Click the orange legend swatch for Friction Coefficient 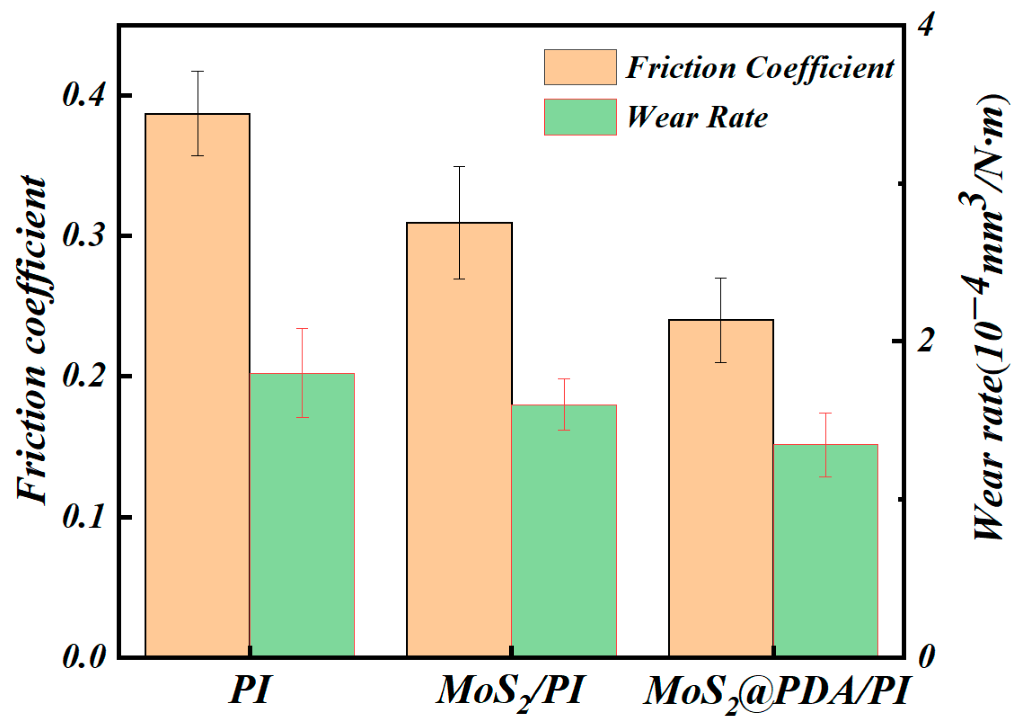point(580,67)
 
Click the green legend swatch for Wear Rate point(580,117)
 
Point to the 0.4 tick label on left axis point(84,95)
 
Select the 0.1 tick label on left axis point(84,517)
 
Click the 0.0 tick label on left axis point(84,657)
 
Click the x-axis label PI point(250,690)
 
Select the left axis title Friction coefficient point(31,340)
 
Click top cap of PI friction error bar point(197,71)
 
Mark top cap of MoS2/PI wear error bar point(564,379)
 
